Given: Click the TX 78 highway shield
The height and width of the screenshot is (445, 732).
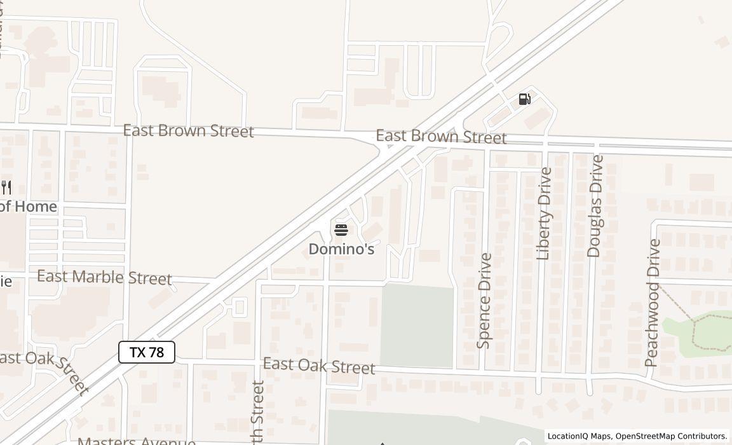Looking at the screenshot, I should [147, 352].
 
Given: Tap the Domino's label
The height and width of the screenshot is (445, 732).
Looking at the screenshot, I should [341, 249].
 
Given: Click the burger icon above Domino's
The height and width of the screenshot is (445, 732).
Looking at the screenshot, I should [341, 229].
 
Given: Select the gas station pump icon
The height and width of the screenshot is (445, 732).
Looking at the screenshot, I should [524, 99].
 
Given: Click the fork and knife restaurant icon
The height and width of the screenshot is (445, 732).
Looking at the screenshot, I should [6, 187].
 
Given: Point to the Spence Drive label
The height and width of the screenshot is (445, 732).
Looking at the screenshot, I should [485, 301].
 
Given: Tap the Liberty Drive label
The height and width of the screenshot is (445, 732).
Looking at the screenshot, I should [544, 214].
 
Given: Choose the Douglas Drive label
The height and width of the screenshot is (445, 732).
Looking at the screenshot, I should [595, 206].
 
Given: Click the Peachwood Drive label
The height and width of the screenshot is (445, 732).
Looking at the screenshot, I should [652, 303].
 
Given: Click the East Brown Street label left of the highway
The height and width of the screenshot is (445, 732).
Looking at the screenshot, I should [188, 131].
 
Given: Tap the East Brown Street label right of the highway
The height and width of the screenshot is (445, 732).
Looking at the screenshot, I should [441, 137].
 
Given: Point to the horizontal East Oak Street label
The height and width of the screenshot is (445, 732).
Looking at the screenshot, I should [319, 366].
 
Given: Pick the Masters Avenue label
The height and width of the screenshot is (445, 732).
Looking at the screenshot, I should [136, 441].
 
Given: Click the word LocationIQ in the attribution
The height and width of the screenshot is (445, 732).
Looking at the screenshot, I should [569, 436].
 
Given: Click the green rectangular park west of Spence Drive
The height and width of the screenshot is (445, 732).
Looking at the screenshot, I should [417, 325].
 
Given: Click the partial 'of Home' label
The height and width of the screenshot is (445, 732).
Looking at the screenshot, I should [28, 207].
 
